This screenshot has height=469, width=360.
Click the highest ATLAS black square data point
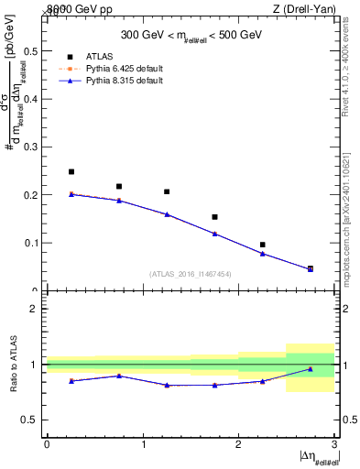click(x=71, y=171)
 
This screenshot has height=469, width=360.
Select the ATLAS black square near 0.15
click(x=214, y=217)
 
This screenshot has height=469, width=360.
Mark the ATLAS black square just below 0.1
click(x=262, y=245)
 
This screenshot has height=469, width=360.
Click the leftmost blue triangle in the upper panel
click(x=71, y=194)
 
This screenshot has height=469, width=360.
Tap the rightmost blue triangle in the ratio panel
click(x=310, y=369)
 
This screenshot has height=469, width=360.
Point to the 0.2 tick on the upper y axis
click(x=33, y=195)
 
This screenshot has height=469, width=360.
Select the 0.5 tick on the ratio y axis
click(x=33, y=420)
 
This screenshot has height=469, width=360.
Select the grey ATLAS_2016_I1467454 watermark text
click(x=191, y=273)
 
